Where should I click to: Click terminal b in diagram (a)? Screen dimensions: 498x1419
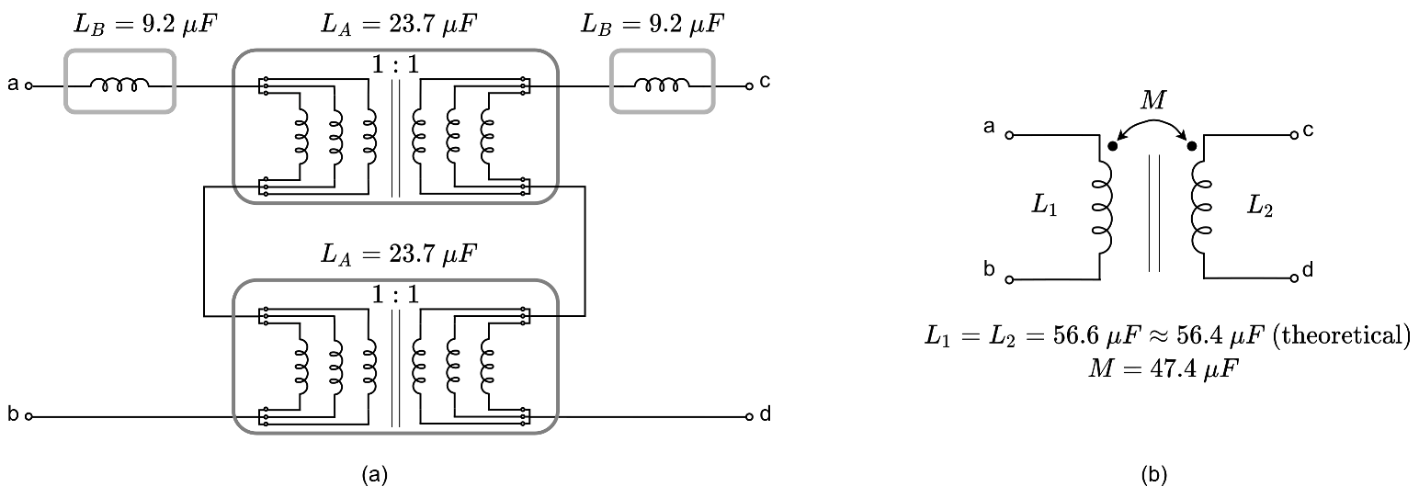[28, 416]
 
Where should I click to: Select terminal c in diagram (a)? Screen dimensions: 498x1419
[750, 85]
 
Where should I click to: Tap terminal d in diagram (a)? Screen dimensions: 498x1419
[750, 416]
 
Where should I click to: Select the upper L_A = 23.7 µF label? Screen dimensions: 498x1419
[395, 25]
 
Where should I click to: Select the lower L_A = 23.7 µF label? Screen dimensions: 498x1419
[395, 253]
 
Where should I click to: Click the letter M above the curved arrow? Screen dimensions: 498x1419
[1152, 102]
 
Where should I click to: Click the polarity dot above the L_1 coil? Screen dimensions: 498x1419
[1113, 145]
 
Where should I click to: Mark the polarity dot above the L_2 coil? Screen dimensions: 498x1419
[1192, 145]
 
